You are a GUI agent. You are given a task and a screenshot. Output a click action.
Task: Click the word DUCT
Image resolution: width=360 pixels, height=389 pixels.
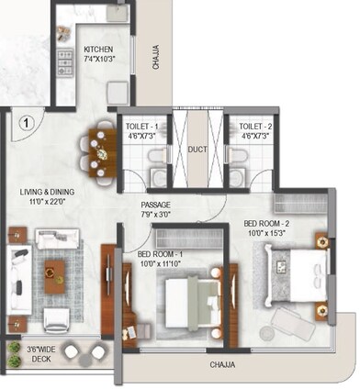click(198, 149)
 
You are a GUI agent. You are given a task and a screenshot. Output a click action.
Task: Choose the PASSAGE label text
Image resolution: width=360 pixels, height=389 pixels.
click(156, 205)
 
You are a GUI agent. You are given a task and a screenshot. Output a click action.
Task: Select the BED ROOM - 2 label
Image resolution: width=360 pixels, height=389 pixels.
click(267, 223)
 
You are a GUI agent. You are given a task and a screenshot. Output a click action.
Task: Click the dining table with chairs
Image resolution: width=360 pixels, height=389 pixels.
click(99, 150)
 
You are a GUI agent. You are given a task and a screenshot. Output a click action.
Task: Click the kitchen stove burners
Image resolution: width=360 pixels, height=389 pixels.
click(65, 61)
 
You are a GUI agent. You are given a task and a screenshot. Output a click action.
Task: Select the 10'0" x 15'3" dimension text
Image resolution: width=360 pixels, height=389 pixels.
click(267, 234)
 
